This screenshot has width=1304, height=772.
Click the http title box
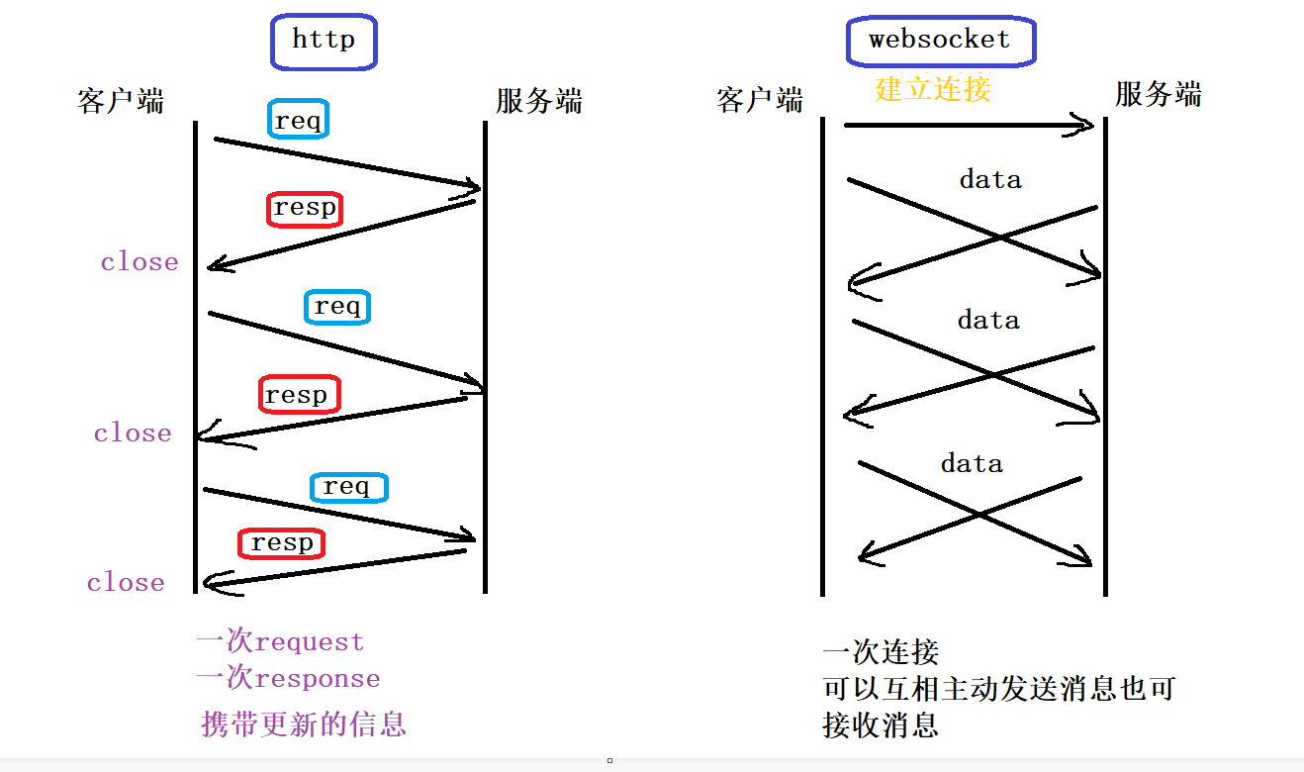click(x=324, y=42)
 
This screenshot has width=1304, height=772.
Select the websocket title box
click(x=940, y=42)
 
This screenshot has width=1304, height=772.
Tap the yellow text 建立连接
click(x=932, y=89)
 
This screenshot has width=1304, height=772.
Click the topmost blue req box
click(x=298, y=121)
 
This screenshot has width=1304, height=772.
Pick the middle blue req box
click(x=337, y=307)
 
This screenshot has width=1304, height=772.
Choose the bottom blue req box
click(x=348, y=487)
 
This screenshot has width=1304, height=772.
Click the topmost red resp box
click(x=305, y=209)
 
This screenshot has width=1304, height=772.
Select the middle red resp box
click(x=298, y=395)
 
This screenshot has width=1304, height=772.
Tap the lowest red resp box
click(x=282, y=543)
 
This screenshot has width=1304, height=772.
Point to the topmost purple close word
click(x=140, y=262)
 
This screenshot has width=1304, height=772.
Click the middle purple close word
click(x=133, y=434)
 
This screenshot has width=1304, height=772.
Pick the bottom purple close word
click(x=126, y=583)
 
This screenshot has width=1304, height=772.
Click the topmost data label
click(x=990, y=180)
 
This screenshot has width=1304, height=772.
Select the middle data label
click(x=988, y=321)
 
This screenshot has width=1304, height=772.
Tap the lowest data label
click(x=972, y=464)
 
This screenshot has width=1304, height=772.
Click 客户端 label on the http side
click(x=121, y=101)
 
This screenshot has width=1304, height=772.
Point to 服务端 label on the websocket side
click(x=1158, y=95)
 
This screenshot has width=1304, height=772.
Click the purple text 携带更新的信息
click(x=304, y=724)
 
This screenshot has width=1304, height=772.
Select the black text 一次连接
click(x=881, y=652)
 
